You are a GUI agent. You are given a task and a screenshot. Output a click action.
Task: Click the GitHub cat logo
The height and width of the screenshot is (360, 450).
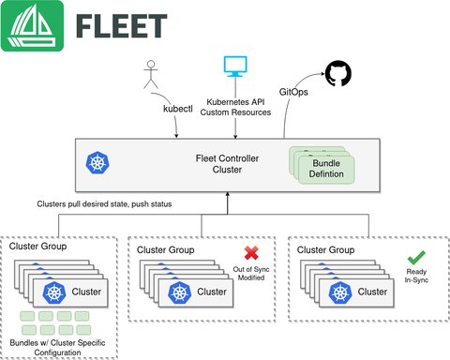click(x=337, y=74)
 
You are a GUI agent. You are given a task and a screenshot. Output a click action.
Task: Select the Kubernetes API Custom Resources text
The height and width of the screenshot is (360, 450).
click(x=232, y=106)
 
